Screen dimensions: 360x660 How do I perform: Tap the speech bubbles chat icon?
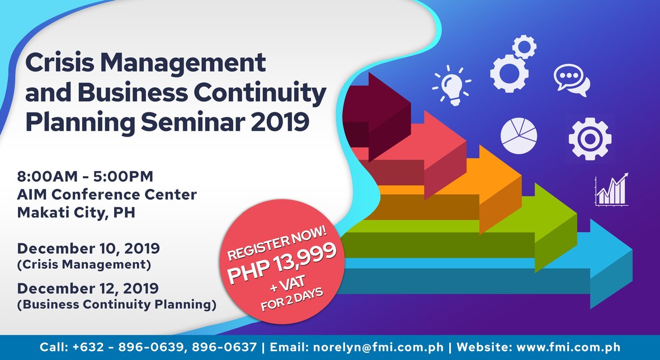pos(571,80)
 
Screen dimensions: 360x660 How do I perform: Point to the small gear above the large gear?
pos(524,46)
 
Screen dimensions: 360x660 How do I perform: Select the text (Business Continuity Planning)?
pos(117,305)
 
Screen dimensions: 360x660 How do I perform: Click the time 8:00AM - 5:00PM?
pos(85,177)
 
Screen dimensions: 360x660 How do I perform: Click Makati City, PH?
pos(76,212)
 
